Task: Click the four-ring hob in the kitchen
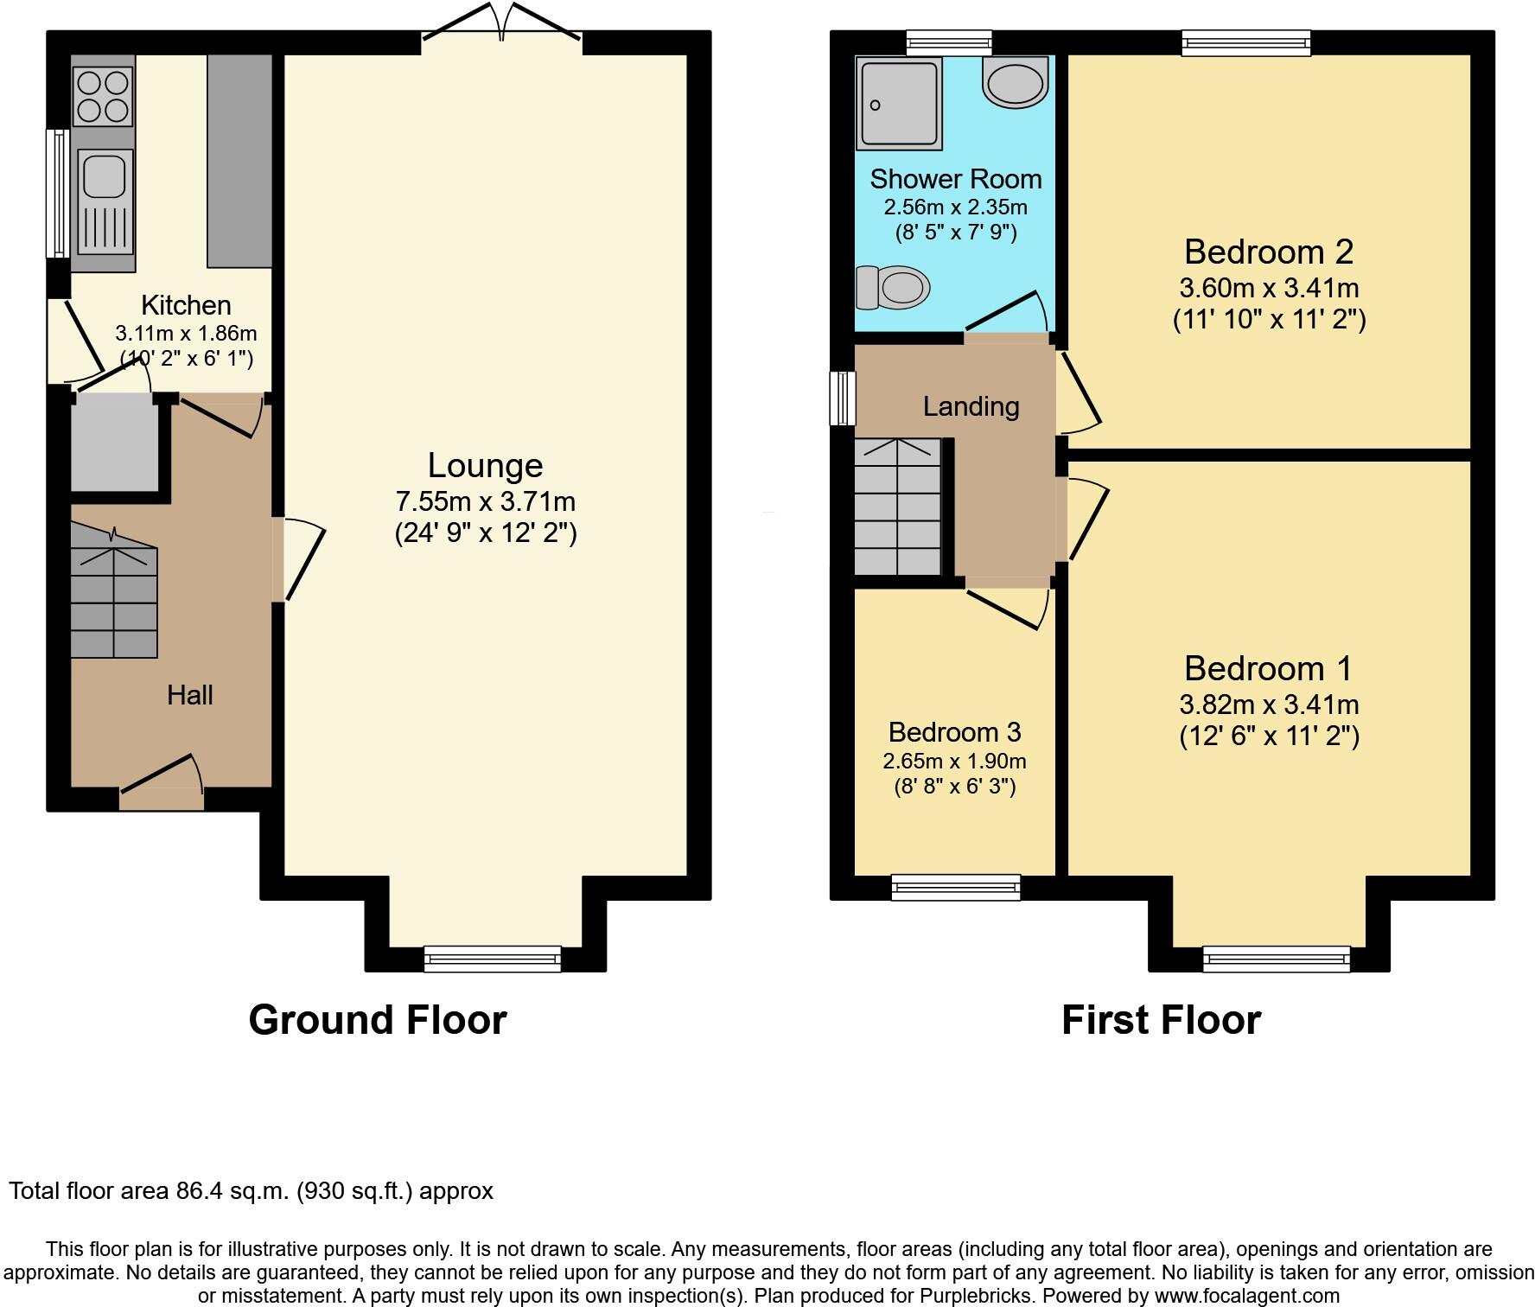coord(104,95)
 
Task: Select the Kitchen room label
coord(186,305)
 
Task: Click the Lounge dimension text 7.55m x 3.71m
coord(485,501)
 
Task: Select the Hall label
coord(189,695)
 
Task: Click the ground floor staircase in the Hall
coord(113,601)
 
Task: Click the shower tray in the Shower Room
coord(898,103)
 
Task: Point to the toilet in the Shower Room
coord(893,287)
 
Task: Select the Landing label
coord(971,406)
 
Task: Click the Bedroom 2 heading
coord(1268,252)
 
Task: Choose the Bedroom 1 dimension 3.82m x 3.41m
coord(1269,705)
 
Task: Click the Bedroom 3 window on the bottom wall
coord(955,887)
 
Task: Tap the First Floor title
coord(1161,1020)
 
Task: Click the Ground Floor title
coord(378,1020)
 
